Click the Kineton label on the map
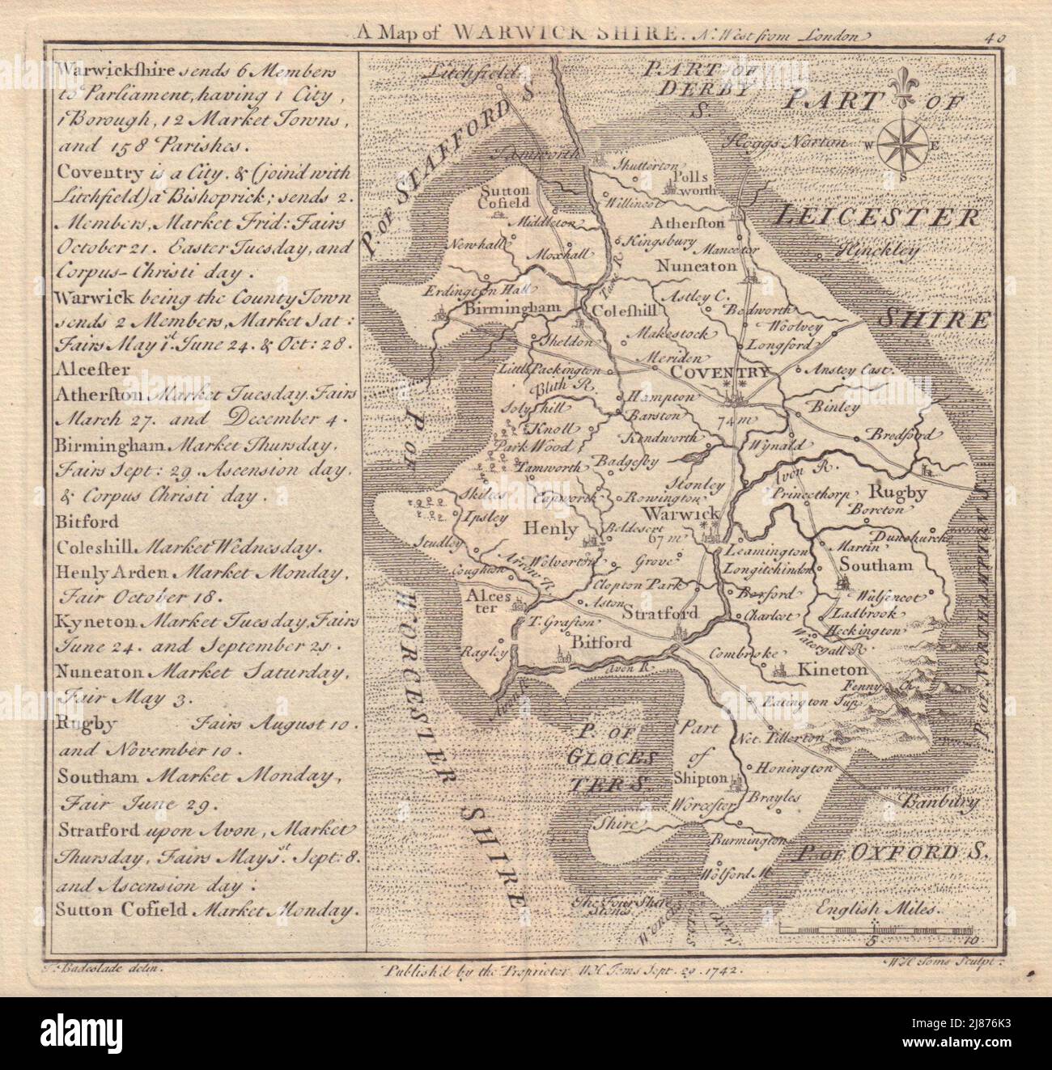[832, 670]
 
